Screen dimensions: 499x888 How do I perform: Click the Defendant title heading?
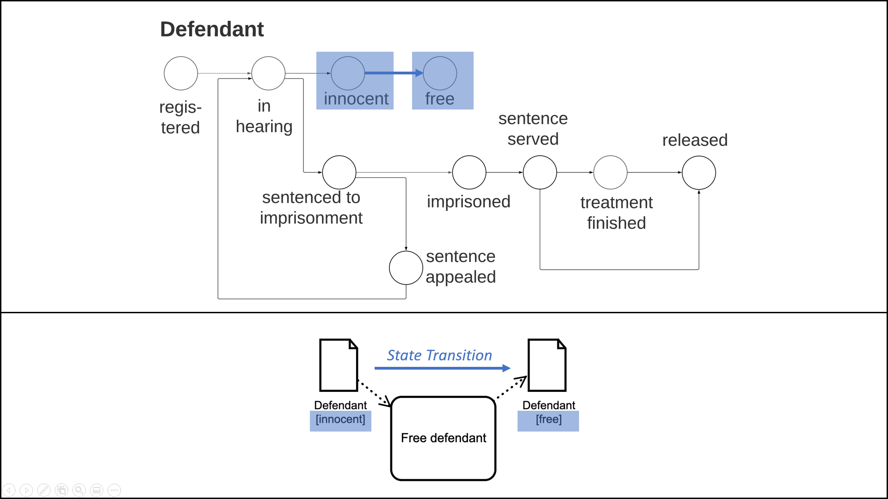pos(212,29)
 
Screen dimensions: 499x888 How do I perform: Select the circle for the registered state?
pos(181,73)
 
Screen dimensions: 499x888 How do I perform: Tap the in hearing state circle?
pos(268,73)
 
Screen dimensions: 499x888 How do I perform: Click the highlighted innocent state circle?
pos(348,73)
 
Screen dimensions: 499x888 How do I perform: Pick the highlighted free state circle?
pos(440,73)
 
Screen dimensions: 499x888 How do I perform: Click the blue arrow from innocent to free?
pos(393,73)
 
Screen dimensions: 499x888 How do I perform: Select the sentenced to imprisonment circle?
pos(339,172)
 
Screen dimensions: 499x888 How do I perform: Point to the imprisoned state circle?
pos(469,172)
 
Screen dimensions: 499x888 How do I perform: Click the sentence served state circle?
pos(540,172)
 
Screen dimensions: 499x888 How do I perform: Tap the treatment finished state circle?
pos(610,172)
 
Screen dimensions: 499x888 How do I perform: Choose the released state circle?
pos(699,172)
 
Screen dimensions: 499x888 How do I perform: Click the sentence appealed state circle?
pos(406,268)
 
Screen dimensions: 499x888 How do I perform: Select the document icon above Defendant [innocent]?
pos(339,365)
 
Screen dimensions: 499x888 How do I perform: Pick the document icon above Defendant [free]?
pos(547,365)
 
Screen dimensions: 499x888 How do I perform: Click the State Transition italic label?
pos(439,355)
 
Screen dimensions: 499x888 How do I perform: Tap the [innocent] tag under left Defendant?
pos(340,420)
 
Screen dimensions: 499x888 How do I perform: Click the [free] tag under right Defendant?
pos(549,420)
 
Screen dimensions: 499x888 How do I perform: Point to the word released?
pos(695,140)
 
